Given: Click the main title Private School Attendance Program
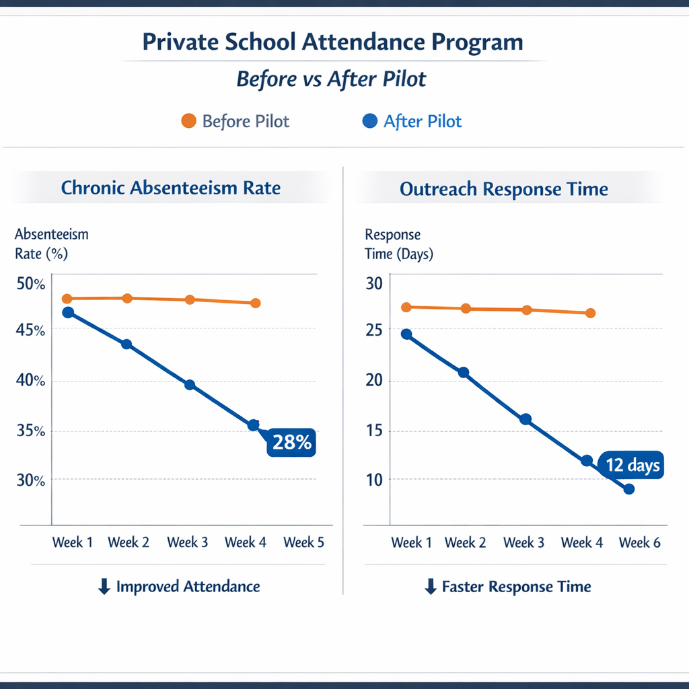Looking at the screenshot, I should coord(332,42).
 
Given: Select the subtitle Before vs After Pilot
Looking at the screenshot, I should coord(331,79).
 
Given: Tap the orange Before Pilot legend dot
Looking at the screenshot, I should coord(189,121).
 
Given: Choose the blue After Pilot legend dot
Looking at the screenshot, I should coord(369,121).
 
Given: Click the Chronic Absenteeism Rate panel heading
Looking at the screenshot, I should coord(170,188).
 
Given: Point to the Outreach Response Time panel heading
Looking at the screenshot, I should coord(503,189).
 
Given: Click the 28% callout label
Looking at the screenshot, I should coord(291,442).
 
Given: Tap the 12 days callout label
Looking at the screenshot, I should coord(632,465).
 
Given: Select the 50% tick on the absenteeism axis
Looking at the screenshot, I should coord(30,283).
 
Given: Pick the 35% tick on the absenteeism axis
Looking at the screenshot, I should coord(30,431).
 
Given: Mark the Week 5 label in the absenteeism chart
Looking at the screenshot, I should coord(303,542).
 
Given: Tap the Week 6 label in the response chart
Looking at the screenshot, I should coord(639,542).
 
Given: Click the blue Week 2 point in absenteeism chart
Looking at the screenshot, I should coord(126,344).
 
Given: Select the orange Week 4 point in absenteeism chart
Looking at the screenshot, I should coord(256,303).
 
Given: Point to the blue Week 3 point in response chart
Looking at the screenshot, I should coord(526,419).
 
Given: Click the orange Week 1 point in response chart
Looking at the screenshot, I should coord(406,307).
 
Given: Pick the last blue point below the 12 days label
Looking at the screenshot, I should coord(629,489).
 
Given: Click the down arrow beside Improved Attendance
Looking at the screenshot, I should coord(104,587).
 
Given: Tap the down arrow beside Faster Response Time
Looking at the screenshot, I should coord(431,587).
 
